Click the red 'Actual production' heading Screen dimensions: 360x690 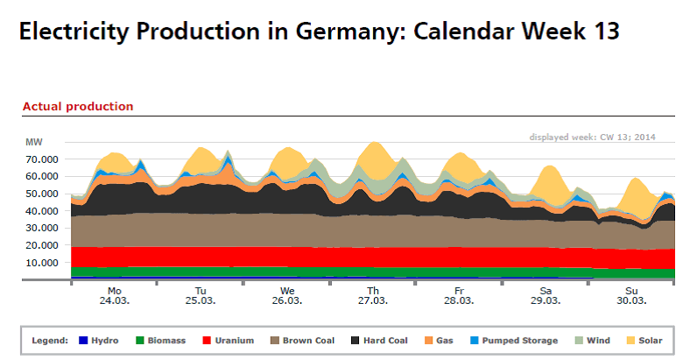click(x=78, y=106)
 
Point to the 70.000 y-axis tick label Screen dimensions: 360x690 click(x=43, y=159)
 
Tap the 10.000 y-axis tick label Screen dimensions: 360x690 click(x=43, y=263)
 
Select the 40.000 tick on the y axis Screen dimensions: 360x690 click(x=43, y=211)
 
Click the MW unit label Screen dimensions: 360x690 click(x=33, y=142)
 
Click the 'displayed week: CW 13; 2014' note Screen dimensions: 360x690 click(x=592, y=137)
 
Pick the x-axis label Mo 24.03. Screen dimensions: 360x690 click(x=114, y=295)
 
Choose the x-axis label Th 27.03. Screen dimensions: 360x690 click(x=373, y=295)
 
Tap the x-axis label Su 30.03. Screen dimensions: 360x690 click(x=632, y=295)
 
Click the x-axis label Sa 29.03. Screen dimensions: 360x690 click(x=546, y=295)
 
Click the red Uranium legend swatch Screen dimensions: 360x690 click(x=207, y=340)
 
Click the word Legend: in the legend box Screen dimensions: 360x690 click(x=50, y=340)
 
